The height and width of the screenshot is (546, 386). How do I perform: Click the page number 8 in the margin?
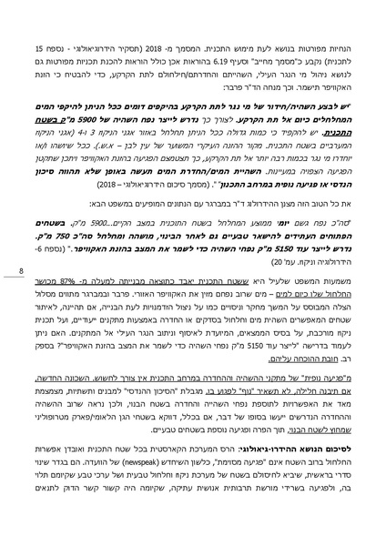[x=19, y=270]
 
